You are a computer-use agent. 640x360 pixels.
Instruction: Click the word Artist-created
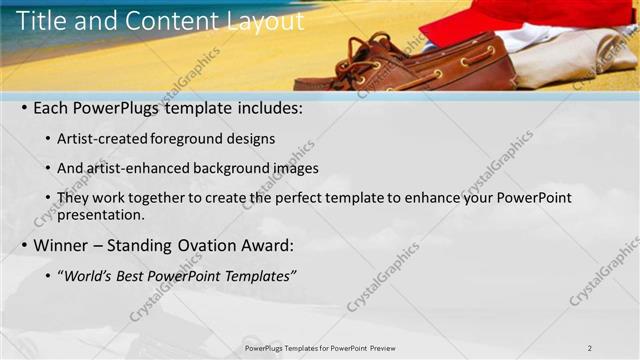103,138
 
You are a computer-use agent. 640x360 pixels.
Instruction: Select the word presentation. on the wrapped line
101,214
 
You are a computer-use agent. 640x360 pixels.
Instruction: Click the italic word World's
89,275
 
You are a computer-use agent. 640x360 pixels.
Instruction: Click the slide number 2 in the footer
589,347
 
